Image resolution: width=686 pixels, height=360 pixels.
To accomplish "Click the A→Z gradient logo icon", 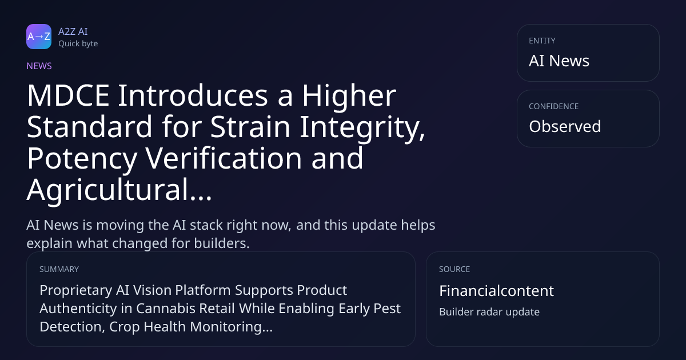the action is click(x=39, y=37).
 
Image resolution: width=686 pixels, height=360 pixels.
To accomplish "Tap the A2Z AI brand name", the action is click(x=73, y=31).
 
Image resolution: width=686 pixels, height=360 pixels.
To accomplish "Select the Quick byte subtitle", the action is click(x=78, y=44).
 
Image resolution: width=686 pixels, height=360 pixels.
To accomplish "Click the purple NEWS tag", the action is click(x=39, y=66).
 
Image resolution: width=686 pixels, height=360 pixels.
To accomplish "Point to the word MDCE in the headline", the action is click(x=68, y=95).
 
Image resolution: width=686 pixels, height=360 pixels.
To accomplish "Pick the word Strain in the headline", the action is click(x=250, y=126).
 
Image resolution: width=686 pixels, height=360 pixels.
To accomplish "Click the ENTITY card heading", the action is click(x=542, y=41).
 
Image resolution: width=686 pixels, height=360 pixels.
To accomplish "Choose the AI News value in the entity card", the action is click(x=559, y=61).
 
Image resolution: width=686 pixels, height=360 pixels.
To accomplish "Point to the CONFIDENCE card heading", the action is click(x=554, y=106).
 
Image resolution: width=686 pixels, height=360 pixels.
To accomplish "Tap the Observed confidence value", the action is click(x=565, y=126).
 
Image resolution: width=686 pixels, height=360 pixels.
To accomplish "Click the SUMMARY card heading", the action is click(x=59, y=269).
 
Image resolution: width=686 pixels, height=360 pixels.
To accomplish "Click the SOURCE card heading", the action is click(x=454, y=269).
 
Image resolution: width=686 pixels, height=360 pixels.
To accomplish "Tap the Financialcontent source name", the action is click(x=496, y=291).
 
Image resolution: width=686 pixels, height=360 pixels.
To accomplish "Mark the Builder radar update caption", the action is click(x=489, y=312).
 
